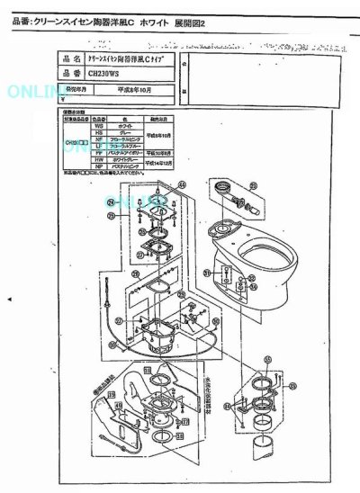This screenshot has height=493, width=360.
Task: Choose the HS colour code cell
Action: pyautogui.click(x=96, y=134)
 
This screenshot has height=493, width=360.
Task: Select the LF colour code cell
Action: pyautogui.click(x=96, y=147)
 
